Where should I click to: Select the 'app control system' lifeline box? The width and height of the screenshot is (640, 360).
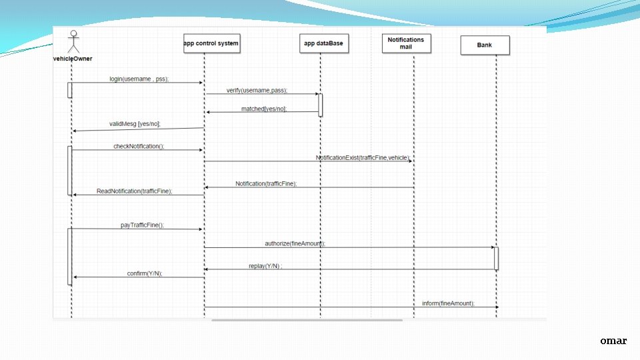pyautogui.click(x=211, y=44)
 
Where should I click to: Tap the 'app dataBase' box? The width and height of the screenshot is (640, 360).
pyautogui.click(x=323, y=44)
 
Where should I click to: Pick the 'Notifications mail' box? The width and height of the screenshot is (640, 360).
pyautogui.click(x=405, y=44)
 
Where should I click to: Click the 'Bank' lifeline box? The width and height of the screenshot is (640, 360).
pyautogui.click(x=485, y=45)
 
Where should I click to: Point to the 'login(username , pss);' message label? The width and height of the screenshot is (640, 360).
pyautogui.click(x=139, y=79)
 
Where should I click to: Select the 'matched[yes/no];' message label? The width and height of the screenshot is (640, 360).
pyautogui.click(x=264, y=109)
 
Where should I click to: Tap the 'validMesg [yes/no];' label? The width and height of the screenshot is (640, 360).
pyautogui.click(x=135, y=123)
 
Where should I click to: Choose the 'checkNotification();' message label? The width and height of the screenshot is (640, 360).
pyautogui.click(x=139, y=146)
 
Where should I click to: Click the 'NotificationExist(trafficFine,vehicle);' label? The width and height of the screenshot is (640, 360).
pyautogui.click(x=363, y=157)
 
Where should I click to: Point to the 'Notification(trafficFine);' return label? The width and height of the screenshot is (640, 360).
pyautogui.click(x=266, y=183)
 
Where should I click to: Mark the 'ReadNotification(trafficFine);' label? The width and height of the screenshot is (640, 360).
pyautogui.click(x=134, y=191)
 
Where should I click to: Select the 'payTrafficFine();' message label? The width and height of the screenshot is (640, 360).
pyautogui.click(x=142, y=225)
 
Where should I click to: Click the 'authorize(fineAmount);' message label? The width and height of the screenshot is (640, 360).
pyautogui.click(x=295, y=244)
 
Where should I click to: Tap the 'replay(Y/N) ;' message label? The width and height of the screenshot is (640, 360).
pyautogui.click(x=265, y=266)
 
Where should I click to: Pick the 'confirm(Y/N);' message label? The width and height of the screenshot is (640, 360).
pyautogui.click(x=145, y=273)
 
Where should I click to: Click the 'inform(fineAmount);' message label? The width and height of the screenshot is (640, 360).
pyautogui.click(x=448, y=303)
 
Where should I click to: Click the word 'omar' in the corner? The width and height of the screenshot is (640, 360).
pyautogui.click(x=613, y=341)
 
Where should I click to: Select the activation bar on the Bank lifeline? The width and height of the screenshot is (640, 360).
pyautogui.click(x=496, y=258)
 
